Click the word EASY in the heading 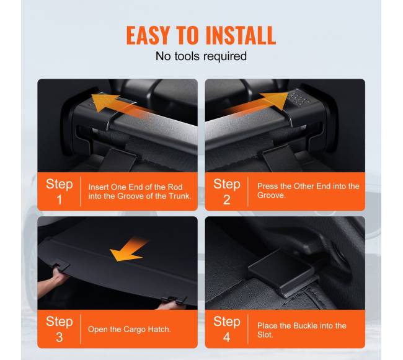[x=148, y=35]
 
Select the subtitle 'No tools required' [x=201, y=56]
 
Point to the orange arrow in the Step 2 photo [x=257, y=103]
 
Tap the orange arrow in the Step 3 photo [x=129, y=250]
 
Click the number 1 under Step [x=60, y=200]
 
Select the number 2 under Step [x=227, y=200]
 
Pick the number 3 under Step [x=60, y=337]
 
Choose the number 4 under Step [x=227, y=337]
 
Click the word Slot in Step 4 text [x=265, y=335]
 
